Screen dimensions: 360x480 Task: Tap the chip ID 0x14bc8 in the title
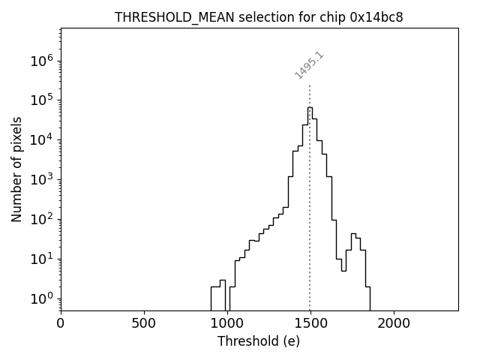(x=376, y=17)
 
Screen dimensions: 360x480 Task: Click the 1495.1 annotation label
(x=309, y=65)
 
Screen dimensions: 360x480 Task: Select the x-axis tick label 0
(x=61, y=323)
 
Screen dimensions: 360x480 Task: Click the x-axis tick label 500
(x=144, y=323)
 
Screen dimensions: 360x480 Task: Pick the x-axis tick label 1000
(x=226, y=323)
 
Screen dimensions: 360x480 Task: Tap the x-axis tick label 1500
(x=310, y=323)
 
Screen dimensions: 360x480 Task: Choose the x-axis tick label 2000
(x=393, y=323)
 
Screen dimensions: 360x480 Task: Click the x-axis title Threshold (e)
(x=259, y=341)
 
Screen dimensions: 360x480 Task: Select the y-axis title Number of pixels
(x=16, y=169)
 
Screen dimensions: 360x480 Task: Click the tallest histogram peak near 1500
(x=310, y=108)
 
